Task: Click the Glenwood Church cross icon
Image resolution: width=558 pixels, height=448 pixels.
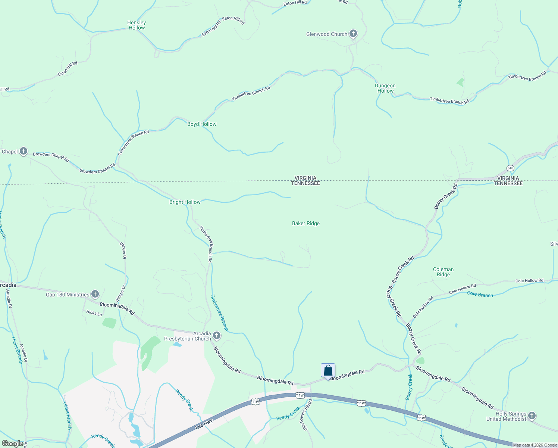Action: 353,34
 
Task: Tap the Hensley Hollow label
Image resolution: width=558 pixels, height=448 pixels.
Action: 137,25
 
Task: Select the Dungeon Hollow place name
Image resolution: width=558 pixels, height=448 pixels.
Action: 385,88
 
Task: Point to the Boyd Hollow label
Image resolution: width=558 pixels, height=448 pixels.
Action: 202,124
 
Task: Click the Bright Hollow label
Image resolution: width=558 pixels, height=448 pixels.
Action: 185,202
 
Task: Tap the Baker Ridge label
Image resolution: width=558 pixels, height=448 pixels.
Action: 306,223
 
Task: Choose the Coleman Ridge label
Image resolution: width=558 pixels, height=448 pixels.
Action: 443,272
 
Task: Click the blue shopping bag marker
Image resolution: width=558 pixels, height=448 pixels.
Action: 328,371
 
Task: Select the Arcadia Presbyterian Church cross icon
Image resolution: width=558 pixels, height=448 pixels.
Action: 216,336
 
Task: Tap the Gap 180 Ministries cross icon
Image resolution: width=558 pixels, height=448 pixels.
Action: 95,295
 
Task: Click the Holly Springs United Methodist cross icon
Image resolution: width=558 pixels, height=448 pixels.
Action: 532,416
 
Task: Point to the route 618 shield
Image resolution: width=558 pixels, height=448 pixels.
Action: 511,168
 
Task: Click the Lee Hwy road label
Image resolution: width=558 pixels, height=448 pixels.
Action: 204,424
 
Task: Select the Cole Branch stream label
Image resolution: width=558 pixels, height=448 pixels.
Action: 480,294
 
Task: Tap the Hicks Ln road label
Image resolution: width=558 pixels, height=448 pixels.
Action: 94,313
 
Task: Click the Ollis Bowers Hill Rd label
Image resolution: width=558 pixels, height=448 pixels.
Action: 307,415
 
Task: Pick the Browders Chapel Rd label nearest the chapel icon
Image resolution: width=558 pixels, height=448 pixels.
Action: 51,157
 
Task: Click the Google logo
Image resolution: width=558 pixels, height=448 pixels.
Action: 12,444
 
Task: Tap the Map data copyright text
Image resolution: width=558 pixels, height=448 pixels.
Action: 535,445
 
